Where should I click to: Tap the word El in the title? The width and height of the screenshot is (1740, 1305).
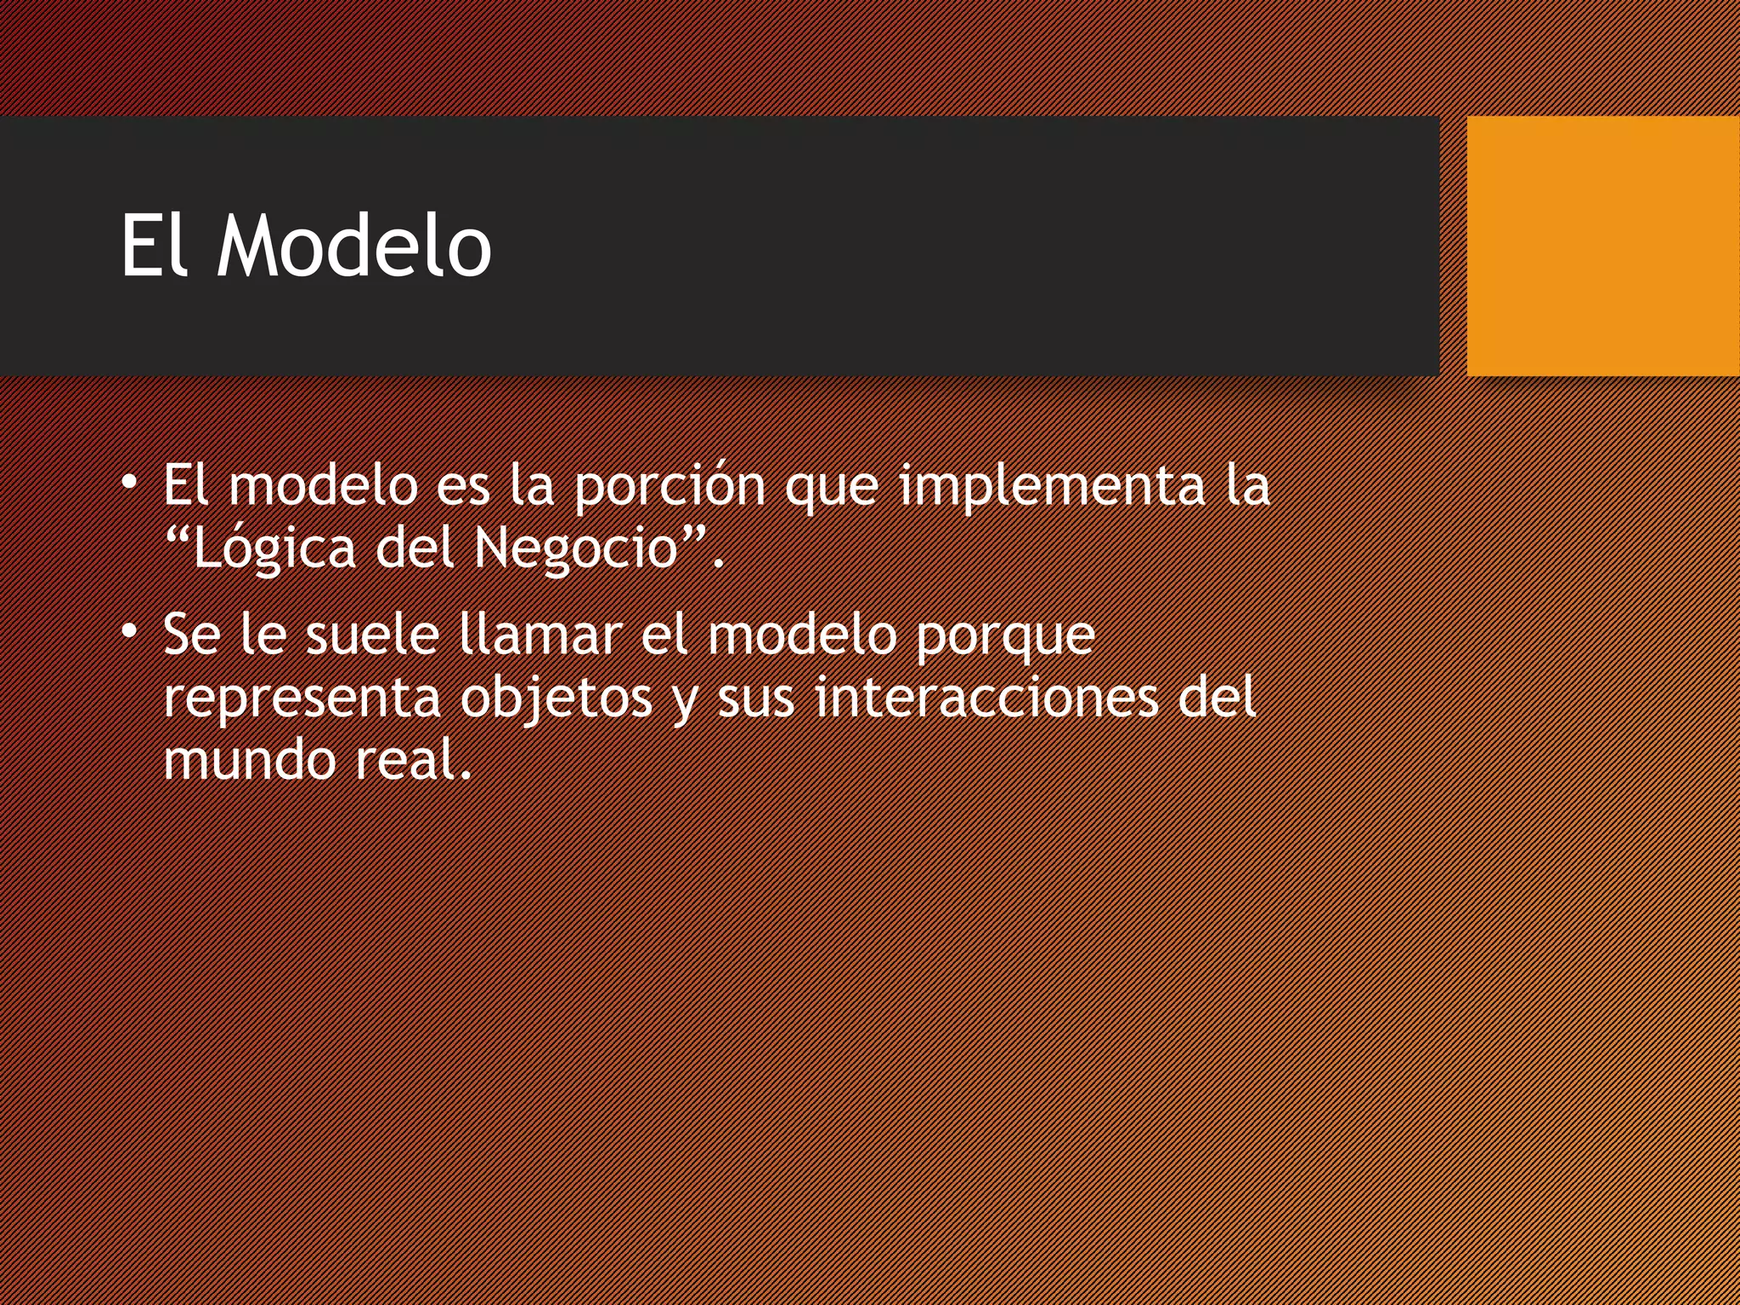[153, 246]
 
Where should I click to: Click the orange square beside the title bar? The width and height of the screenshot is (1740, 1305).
[1602, 246]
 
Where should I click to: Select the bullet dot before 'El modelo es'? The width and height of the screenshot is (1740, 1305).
[129, 483]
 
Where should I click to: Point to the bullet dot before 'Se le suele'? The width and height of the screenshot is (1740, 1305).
[129, 631]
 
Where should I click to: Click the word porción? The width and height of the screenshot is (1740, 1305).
[669, 486]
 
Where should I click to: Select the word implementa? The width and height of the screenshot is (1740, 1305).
[1052, 486]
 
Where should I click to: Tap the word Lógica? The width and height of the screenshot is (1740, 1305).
[274, 549]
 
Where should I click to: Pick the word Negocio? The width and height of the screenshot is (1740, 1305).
[576, 549]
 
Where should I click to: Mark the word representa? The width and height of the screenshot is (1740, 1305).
[302, 698]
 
